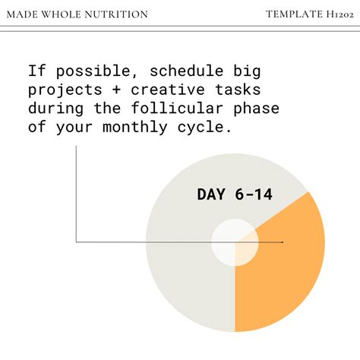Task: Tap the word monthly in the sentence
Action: (136, 127)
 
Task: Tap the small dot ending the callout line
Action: (283, 242)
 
